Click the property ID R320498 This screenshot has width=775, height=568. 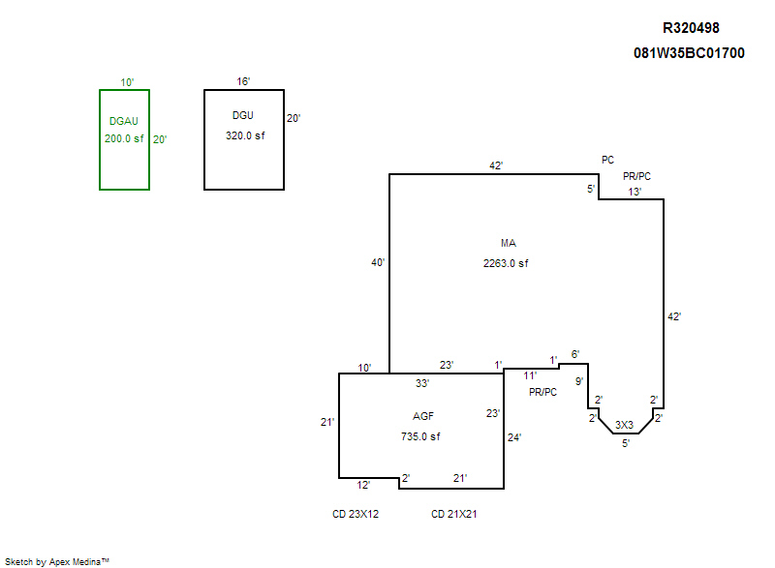click(x=691, y=28)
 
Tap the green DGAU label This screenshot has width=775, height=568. click(x=124, y=121)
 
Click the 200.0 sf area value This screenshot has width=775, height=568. click(x=124, y=138)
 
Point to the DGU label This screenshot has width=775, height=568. click(x=244, y=116)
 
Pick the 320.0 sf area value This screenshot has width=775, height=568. click(x=244, y=136)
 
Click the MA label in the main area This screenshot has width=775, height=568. click(x=509, y=243)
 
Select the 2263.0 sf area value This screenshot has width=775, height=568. click(x=506, y=263)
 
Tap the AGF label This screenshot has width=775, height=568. click(x=423, y=416)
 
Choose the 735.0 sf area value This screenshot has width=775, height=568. click(x=421, y=436)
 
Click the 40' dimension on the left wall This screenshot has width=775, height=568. click(x=379, y=262)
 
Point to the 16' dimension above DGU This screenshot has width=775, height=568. click(x=244, y=82)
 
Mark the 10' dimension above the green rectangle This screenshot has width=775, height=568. click(x=124, y=82)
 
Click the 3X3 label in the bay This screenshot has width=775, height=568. click(x=625, y=425)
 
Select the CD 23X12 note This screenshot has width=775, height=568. click(x=356, y=514)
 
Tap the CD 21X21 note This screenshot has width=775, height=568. click(x=453, y=514)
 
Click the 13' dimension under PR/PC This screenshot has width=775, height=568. click(x=634, y=192)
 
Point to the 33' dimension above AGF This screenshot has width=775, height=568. click(x=422, y=383)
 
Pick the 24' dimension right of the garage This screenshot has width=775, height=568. click(x=514, y=437)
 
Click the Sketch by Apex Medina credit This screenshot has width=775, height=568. click(x=57, y=560)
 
